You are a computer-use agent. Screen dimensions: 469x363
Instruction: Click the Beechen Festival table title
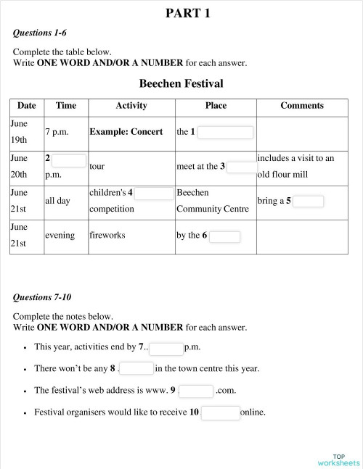tap(181, 83)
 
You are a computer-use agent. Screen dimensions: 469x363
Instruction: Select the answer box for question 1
tap(225, 133)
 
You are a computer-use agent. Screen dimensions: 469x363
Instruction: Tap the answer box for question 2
tap(69, 160)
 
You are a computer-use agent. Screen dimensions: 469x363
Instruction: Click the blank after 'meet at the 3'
tap(242, 167)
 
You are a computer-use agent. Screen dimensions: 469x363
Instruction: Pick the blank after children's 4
tap(154, 194)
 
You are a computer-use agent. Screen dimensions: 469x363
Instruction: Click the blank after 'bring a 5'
tap(309, 202)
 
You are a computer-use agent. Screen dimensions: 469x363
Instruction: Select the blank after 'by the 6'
tap(224, 236)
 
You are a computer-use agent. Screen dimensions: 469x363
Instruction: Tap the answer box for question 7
tap(166, 349)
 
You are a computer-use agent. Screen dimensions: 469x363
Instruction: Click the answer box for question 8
tap(136, 369)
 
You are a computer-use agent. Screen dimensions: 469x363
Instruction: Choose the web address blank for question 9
tap(195, 391)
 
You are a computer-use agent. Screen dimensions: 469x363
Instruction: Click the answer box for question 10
tap(220, 413)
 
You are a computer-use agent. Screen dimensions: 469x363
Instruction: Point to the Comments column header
tap(302, 106)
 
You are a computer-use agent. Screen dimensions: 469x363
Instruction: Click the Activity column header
tap(131, 106)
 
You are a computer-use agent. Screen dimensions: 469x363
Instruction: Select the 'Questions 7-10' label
tap(43, 297)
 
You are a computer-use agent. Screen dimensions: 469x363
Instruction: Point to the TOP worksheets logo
tap(338, 460)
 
